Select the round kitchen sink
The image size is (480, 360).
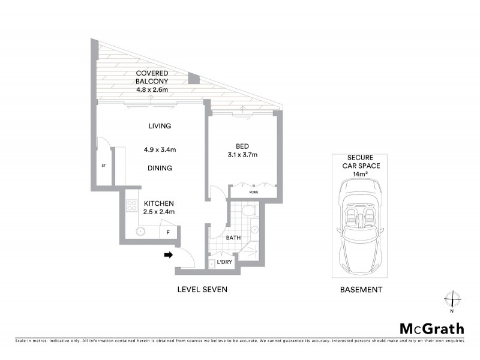[x=141, y=231]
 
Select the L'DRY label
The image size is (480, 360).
[x=224, y=262]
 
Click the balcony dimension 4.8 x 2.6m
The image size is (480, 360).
[x=152, y=90]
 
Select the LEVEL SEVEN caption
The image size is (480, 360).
[x=202, y=289]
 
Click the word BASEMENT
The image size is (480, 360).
[x=361, y=289]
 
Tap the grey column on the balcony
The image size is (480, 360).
[x=193, y=79]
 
